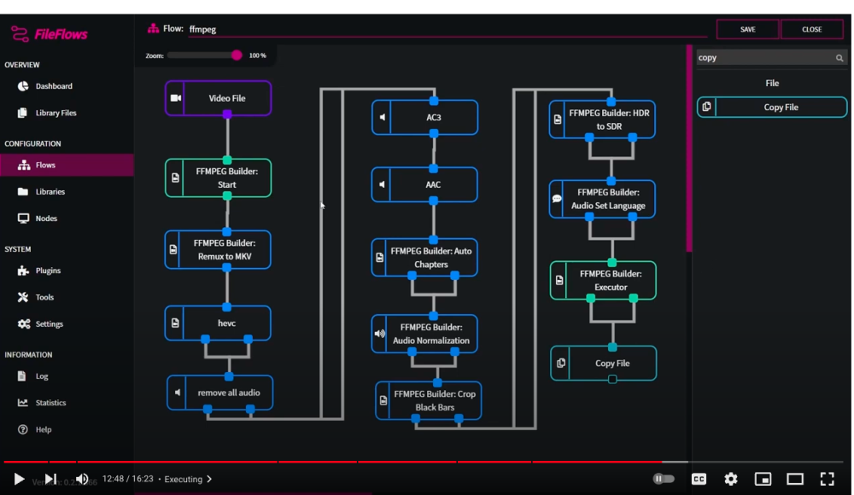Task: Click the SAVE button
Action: (747, 29)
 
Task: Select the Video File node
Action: (218, 98)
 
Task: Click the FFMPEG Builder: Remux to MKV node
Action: (218, 249)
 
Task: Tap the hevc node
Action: (218, 323)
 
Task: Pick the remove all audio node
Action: (219, 393)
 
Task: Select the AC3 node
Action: (424, 117)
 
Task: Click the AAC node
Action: (424, 184)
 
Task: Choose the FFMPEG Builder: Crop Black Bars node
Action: (428, 401)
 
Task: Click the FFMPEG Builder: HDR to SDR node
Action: (602, 119)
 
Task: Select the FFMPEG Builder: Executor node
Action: (603, 281)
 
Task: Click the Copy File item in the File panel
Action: (772, 108)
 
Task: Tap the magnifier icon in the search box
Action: (839, 58)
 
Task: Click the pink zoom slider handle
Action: (237, 55)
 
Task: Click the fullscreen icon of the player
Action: (827, 479)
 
